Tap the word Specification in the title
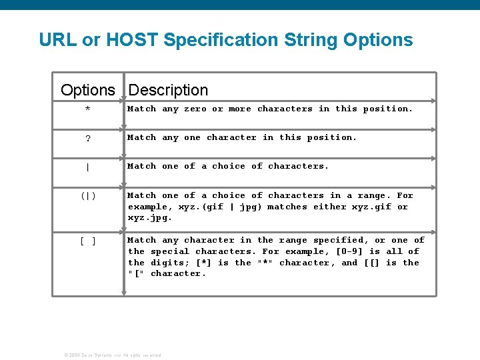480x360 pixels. [x=221, y=40]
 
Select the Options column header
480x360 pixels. [x=87, y=90]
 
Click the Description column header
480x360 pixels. [x=168, y=90]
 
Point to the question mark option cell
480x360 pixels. [x=88, y=139]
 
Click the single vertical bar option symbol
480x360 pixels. [x=88, y=167]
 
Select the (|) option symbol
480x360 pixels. [x=88, y=196]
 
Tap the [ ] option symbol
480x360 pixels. [x=88, y=241]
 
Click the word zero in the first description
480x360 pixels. [x=195, y=109]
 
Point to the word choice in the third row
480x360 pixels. [x=229, y=166]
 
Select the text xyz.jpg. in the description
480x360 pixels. [x=150, y=217]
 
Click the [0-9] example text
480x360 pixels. [x=349, y=251]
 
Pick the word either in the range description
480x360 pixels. [x=329, y=207]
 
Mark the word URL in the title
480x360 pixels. [x=58, y=40]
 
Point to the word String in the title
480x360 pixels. [x=311, y=40]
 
